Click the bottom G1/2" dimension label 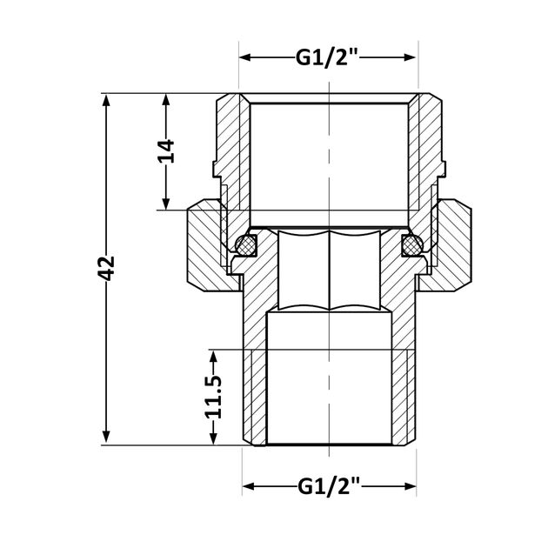(329, 486)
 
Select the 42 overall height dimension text (106, 269)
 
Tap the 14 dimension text (166, 151)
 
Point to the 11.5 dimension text (213, 397)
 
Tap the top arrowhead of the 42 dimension (106, 100)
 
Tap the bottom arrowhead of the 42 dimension (106, 438)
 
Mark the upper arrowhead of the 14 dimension (166, 100)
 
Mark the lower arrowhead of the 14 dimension (166, 204)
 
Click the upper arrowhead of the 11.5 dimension (213, 357)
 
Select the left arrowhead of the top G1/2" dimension (245, 57)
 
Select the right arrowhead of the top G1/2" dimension (410, 57)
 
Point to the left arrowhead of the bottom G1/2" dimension (249, 486)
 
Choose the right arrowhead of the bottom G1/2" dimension (410, 486)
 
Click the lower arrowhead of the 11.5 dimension (213, 438)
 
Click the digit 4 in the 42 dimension (106, 276)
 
